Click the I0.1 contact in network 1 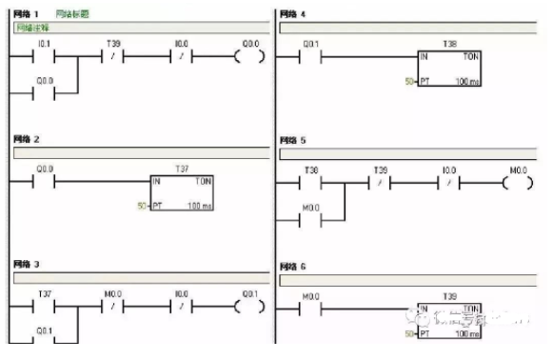click(44, 54)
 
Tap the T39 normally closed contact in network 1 click(111, 54)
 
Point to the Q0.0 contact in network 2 click(44, 180)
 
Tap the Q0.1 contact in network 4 click(310, 55)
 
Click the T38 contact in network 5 click(310, 180)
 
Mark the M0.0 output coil click(517, 180)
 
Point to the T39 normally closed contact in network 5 click(378, 180)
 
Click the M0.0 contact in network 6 click(310, 309)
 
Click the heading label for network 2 click(28, 140)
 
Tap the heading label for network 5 click(293, 140)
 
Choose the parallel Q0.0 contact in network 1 click(44, 94)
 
